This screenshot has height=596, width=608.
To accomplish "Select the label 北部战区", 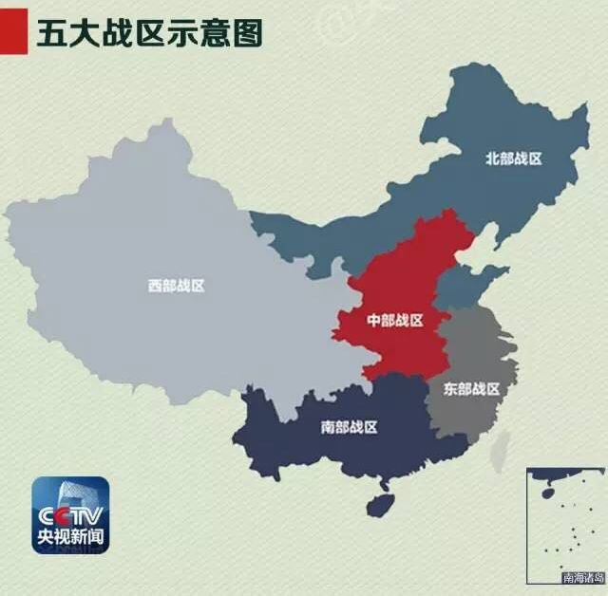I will [513, 158].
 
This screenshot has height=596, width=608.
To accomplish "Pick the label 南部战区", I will [349, 427].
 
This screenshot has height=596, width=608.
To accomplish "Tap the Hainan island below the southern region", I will [381, 503].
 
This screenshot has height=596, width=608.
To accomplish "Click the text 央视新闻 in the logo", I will [71, 539].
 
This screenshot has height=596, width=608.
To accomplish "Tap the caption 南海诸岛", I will [582, 576].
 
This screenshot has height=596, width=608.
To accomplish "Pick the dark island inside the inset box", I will [547, 493].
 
